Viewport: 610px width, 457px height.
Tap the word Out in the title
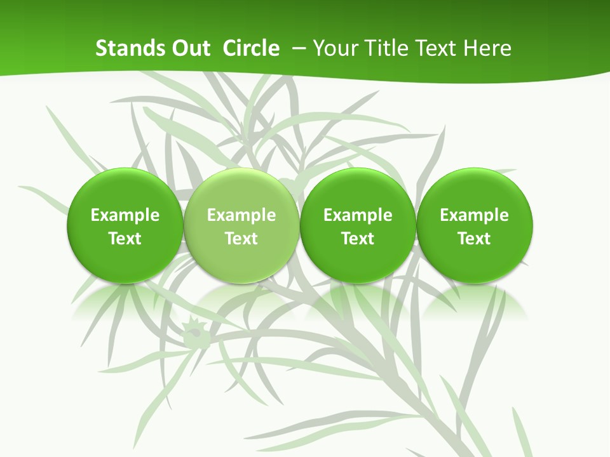(189, 48)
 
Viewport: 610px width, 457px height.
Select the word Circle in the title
(251, 48)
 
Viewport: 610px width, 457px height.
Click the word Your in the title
(333, 48)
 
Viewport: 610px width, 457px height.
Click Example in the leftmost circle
(125, 215)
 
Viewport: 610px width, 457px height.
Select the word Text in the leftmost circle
(125, 239)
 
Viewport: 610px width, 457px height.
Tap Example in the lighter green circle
(241, 215)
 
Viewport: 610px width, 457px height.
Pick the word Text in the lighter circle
(241, 239)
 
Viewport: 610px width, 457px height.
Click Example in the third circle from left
(358, 215)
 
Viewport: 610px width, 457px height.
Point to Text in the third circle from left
(358, 239)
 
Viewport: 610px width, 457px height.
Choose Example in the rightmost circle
(475, 215)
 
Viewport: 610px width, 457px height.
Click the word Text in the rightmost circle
(475, 239)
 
